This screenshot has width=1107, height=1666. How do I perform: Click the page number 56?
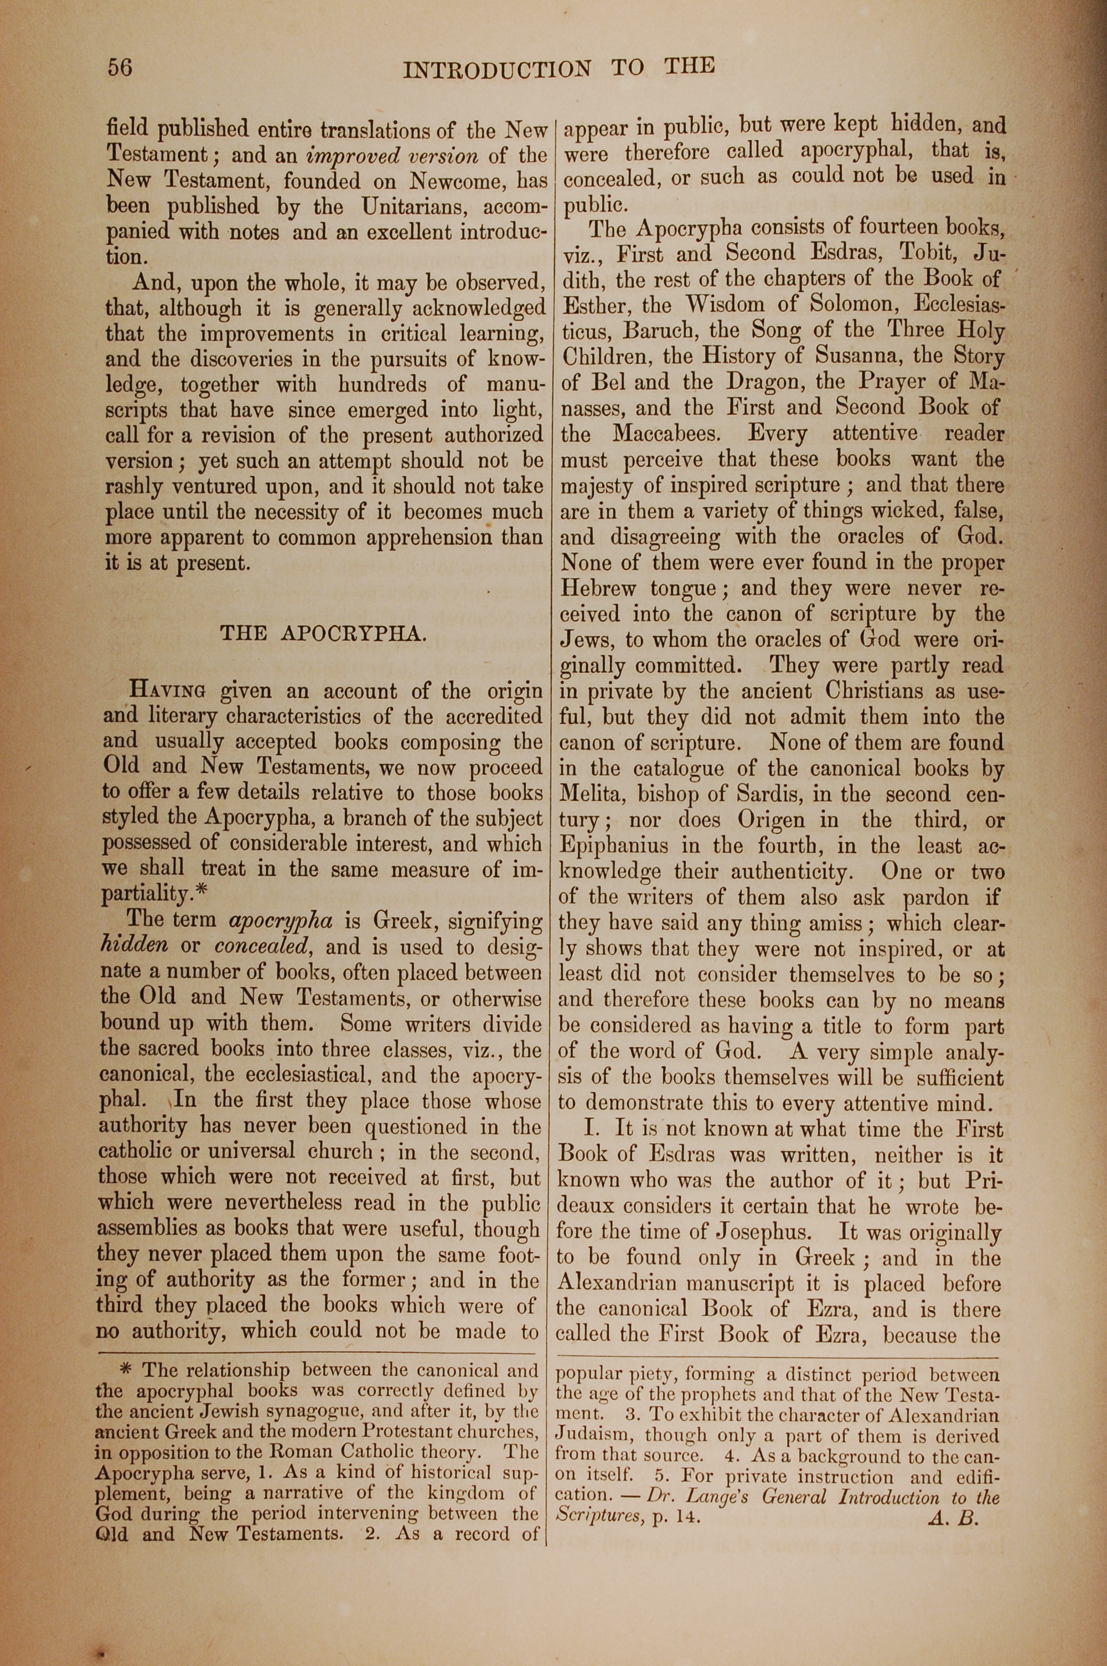120,67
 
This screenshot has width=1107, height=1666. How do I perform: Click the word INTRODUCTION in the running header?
497,69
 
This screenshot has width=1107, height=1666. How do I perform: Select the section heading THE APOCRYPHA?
324,633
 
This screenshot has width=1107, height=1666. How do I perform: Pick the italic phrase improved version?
392,156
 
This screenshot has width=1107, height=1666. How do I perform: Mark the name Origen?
771,820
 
